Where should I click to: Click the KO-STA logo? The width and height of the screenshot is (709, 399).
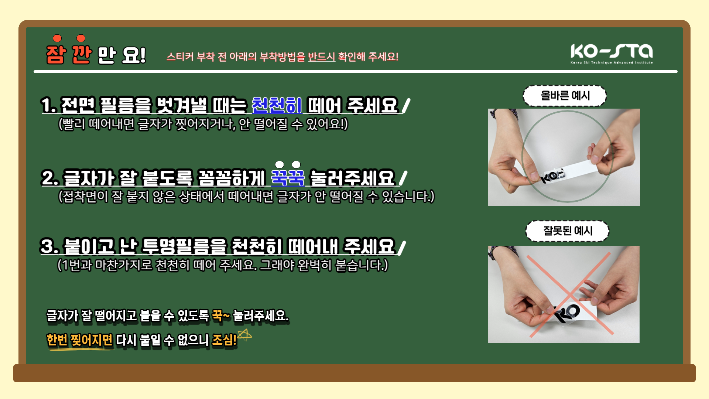coord(612,54)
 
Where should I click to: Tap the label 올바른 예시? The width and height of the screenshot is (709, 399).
coord(565,96)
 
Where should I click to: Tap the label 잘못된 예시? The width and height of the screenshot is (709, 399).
coord(568,231)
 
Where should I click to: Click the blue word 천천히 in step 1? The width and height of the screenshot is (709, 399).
coord(277,105)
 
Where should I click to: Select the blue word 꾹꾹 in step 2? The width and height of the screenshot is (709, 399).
coord(288,178)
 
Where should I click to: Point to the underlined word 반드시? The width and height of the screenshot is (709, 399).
coord(322,57)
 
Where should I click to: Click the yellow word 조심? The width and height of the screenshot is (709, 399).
coord(224,340)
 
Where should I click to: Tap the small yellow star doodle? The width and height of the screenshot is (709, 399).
coord(244,335)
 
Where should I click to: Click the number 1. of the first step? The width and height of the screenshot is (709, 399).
coord(48,105)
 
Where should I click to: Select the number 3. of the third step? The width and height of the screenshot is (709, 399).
coord(49,246)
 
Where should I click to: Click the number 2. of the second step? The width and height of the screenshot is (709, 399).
coord(50,178)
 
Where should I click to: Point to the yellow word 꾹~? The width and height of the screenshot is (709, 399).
coord(221,316)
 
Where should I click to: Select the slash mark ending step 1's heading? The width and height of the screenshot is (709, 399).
coord(405,106)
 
